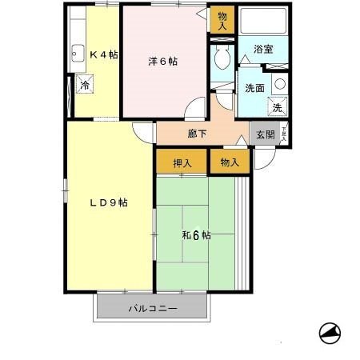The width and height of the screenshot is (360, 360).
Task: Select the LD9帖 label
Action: tap(107, 202)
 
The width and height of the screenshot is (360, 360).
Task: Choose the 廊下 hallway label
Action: tap(197, 134)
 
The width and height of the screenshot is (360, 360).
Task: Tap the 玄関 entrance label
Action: tap(264, 134)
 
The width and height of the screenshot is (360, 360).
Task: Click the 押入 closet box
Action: tap(182, 162)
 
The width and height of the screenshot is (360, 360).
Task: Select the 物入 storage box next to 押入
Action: tap(230, 162)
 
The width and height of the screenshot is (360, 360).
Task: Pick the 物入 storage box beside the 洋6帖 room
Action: tap(222, 19)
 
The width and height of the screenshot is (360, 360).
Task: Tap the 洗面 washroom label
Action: tap(254, 89)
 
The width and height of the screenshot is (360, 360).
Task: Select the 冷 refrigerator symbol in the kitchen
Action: tap(84, 85)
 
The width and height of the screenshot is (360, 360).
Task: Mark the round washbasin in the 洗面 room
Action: tap(279, 82)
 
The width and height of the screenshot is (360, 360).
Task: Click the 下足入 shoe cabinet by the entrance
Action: tap(285, 134)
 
